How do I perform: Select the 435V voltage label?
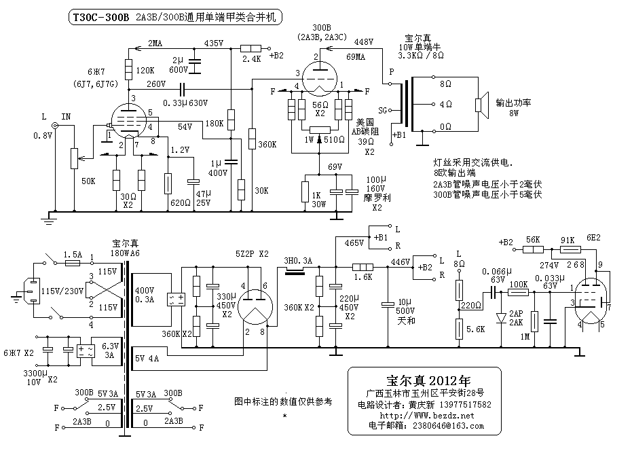click(x=214, y=43)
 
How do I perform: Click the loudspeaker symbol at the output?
click(x=481, y=104)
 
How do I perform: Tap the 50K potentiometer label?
click(x=88, y=182)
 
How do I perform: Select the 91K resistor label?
click(x=567, y=240)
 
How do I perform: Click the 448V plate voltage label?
click(x=364, y=42)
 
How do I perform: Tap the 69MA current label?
click(x=356, y=56)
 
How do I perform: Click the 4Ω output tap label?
click(x=445, y=105)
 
